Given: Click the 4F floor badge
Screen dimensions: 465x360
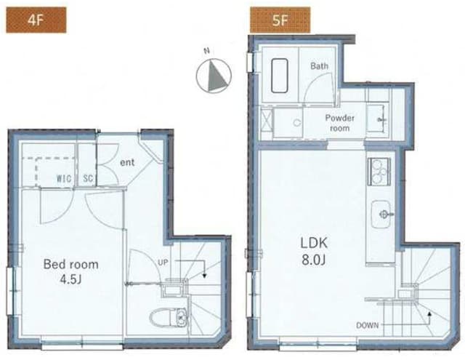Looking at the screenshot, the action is [36, 20].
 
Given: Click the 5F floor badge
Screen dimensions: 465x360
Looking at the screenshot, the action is [280, 20].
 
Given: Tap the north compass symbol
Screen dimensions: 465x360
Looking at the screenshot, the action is [214, 76].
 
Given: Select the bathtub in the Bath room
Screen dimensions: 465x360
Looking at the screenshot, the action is [279, 76].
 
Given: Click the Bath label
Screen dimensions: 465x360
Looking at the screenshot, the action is [320, 66].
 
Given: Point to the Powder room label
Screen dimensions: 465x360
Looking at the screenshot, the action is [339, 123].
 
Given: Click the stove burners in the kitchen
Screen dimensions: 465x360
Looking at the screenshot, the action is [379, 172].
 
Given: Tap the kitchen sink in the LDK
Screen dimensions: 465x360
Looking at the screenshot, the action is [381, 214].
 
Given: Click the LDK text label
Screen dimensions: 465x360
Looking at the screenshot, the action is [314, 243].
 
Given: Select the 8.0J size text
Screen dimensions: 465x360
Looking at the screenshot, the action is [314, 260].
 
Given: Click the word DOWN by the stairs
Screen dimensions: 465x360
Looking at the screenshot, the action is [368, 326].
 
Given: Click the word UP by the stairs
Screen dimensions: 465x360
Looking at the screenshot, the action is [163, 263].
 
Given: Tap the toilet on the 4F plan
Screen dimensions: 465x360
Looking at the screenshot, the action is [168, 318].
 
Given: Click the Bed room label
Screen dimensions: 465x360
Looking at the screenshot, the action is [71, 264].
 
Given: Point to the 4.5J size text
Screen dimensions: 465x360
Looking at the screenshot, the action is [70, 279].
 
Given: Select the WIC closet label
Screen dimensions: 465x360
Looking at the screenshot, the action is [64, 178].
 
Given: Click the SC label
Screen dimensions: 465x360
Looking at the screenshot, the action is [88, 178].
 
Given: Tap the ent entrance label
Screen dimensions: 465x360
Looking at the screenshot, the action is [127, 163].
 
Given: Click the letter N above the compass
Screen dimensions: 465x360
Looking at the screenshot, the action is [207, 51].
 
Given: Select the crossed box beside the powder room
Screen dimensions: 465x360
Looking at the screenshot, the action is [267, 120].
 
